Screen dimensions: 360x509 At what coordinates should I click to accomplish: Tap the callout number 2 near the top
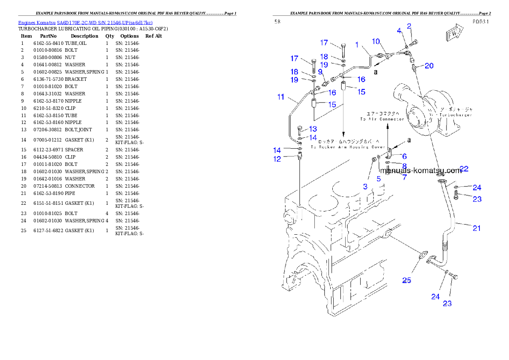[409, 27]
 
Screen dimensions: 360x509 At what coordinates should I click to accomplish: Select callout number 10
[376, 41]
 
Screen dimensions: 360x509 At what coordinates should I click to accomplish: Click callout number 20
[429, 66]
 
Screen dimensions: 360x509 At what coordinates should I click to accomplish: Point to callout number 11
[281, 97]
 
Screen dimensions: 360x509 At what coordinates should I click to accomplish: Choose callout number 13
[313, 129]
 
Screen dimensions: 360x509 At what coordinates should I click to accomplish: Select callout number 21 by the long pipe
[476, 228]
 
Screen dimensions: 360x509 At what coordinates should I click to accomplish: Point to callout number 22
[464, 169]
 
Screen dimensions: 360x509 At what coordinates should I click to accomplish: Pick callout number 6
[404, 157]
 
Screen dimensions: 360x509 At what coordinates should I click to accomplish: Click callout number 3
[365, 186]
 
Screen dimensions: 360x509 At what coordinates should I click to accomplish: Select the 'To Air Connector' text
[382, 119]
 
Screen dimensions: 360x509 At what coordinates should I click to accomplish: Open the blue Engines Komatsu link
[85, 23]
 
